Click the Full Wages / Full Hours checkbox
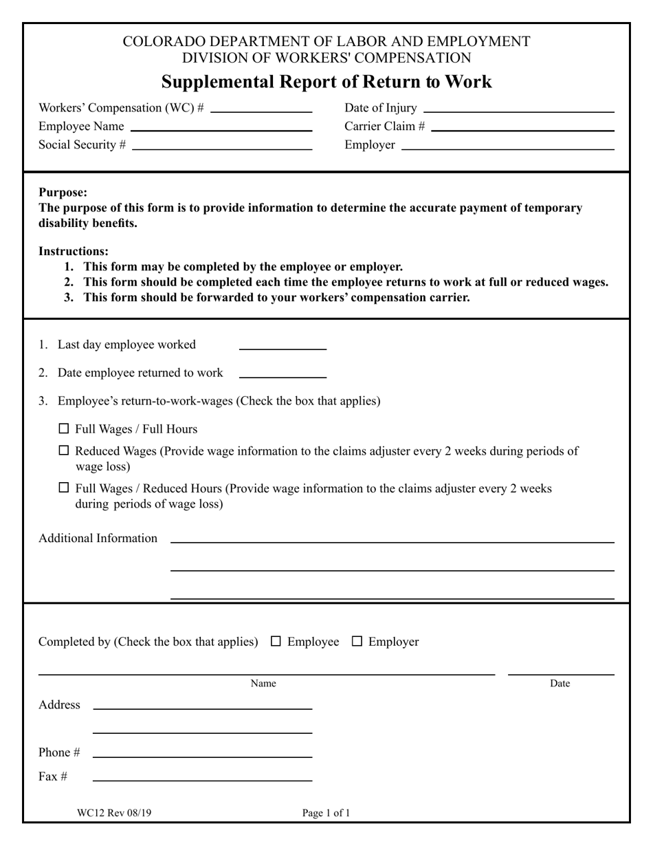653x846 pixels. tap(64, 429)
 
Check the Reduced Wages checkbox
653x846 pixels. tap(64, 451)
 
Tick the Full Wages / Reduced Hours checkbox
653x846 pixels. tap(64, 488)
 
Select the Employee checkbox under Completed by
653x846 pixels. tap(276, 641)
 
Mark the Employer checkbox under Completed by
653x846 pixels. tap(357, 641)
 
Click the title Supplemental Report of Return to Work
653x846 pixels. tap(326, 82)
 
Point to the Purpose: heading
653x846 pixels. tap(63, 193)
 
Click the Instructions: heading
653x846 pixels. tap(74, 251)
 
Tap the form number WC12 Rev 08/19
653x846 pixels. tap(114, 813)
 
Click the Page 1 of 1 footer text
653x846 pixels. tap(326, 813)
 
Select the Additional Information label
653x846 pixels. tap(98, 538)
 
